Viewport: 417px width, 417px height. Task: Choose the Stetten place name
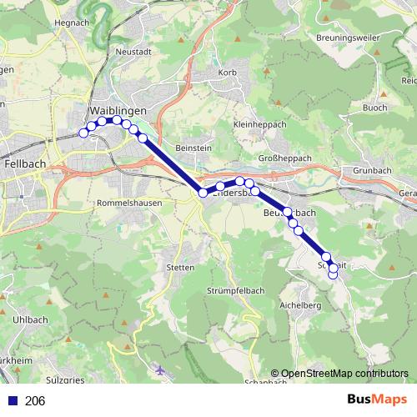180,268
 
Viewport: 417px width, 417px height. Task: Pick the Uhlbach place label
29,320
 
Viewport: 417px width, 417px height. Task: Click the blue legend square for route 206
11,401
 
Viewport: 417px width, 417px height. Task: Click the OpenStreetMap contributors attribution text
344,374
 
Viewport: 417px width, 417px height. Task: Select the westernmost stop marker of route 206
83,133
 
